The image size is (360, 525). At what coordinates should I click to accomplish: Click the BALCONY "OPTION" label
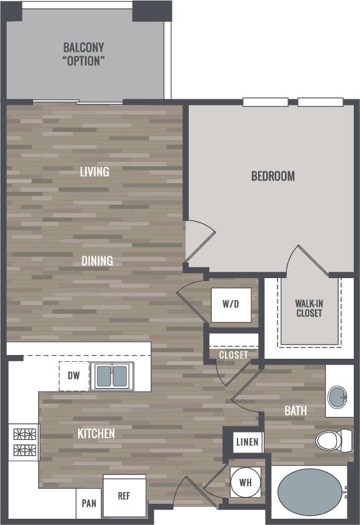click(x=83, y=54)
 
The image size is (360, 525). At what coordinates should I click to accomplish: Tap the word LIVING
click(x=94, y=171)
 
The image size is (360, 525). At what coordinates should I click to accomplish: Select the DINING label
click(x=97, y=261)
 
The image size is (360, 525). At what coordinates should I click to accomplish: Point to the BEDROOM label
click(x=272, y=176)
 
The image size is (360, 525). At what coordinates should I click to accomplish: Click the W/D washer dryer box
click(x=231, y=305)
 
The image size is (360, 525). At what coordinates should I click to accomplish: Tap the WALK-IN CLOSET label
click(x=309, y=308)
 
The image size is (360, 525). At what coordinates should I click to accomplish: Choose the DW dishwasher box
click(x=74, y=376)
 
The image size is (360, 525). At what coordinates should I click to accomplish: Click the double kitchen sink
click(x=112, y=376)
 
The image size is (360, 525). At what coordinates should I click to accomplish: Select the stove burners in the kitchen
click(x=23, y=442)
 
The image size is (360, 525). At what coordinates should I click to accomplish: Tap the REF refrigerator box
click(x=124, y=495)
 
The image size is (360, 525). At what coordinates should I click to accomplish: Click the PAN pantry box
click(x=89, y=503)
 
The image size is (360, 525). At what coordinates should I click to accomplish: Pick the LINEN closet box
click(x=247, y=442)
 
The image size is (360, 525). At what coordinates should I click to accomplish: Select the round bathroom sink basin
click(x=338, y=396)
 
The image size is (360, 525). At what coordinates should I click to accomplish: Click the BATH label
click(x=296, y=411)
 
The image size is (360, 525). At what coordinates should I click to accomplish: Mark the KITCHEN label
click(x=96, y=433)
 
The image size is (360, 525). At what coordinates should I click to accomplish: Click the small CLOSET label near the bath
click(x=233, y=355)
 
